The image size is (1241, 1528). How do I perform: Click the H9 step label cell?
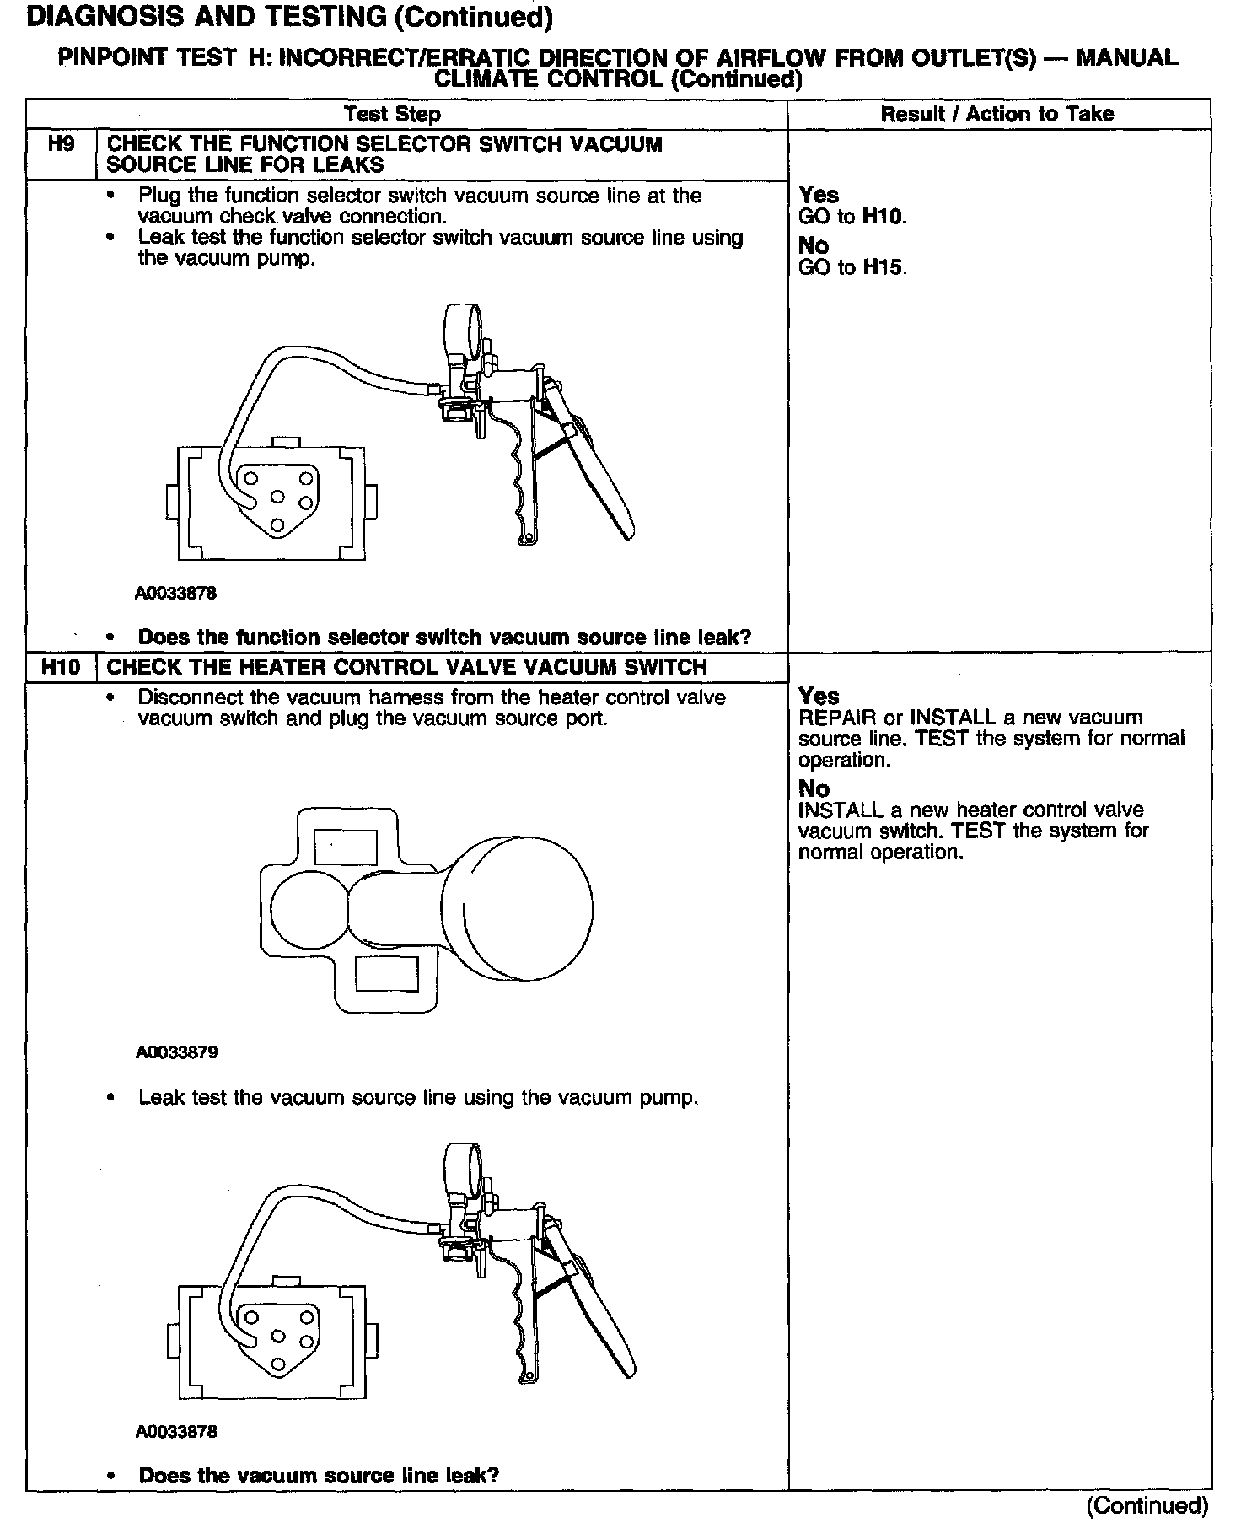pos(61,144)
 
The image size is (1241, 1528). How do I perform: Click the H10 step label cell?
pos(61,667)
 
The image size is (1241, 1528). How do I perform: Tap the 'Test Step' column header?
pos(392,114)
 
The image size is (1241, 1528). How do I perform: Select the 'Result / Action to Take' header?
pos(997,114)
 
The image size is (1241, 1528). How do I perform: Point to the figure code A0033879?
pos(176,1052)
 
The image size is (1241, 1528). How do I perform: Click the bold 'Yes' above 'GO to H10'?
pos(818,195)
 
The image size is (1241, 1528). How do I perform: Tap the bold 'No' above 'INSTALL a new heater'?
pos(814,788)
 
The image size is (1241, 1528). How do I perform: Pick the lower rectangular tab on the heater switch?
pos(387,974)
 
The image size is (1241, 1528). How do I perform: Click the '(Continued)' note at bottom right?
pos(1147,1504)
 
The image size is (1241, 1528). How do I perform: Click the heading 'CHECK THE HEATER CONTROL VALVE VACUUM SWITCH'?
pos(406,667)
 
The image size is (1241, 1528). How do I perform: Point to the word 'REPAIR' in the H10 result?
pos(838,718)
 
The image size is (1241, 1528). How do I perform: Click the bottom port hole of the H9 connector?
pos(277,526)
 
